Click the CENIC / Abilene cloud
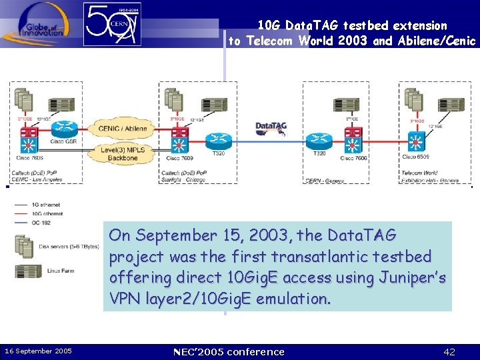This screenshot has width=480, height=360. [123, 129]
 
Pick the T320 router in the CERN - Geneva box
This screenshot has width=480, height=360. [319, 141]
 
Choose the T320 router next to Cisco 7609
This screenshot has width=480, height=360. [217, 141]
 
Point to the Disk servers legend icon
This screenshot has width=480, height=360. [24, 247]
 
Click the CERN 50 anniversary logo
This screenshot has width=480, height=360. [113, 24]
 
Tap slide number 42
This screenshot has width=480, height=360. [449, 351]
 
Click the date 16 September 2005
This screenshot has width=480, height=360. [39, 351]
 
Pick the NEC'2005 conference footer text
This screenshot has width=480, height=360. [228, 351]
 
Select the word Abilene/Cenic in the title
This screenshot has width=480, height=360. [436, 41]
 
